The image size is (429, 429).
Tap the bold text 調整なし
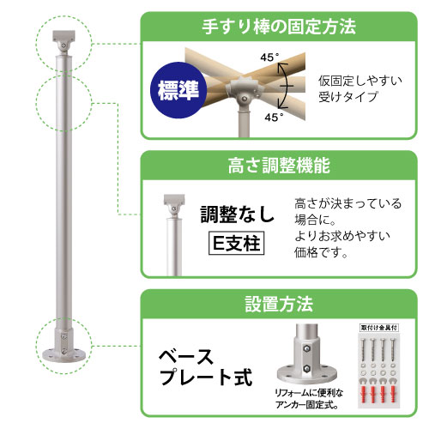coord(237,213)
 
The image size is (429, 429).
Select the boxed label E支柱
coord(237,242)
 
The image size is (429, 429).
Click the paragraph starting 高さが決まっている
coord(347,228)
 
